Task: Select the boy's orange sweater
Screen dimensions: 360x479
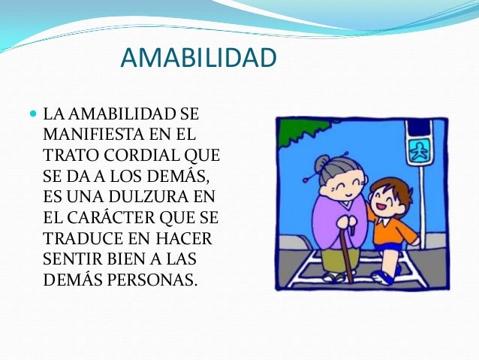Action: pos(391,228)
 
